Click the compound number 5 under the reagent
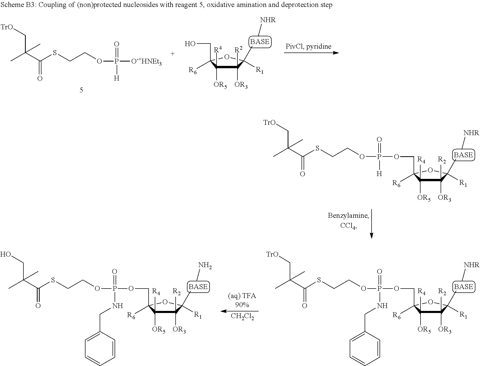click(x=81, y=90)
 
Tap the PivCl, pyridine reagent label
click(x=308, y=46)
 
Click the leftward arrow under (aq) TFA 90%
click(x=239, y=311)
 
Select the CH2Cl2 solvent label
click(x=242, y=316)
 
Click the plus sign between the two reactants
click(x=173, y=54)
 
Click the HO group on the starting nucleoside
click(x=190, y=44)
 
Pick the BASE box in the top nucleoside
click(x=260, y=42)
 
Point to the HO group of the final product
click(x=6, y=255)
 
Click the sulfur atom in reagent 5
click(x=55, y=54)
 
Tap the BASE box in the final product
click(x=198, y=287)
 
